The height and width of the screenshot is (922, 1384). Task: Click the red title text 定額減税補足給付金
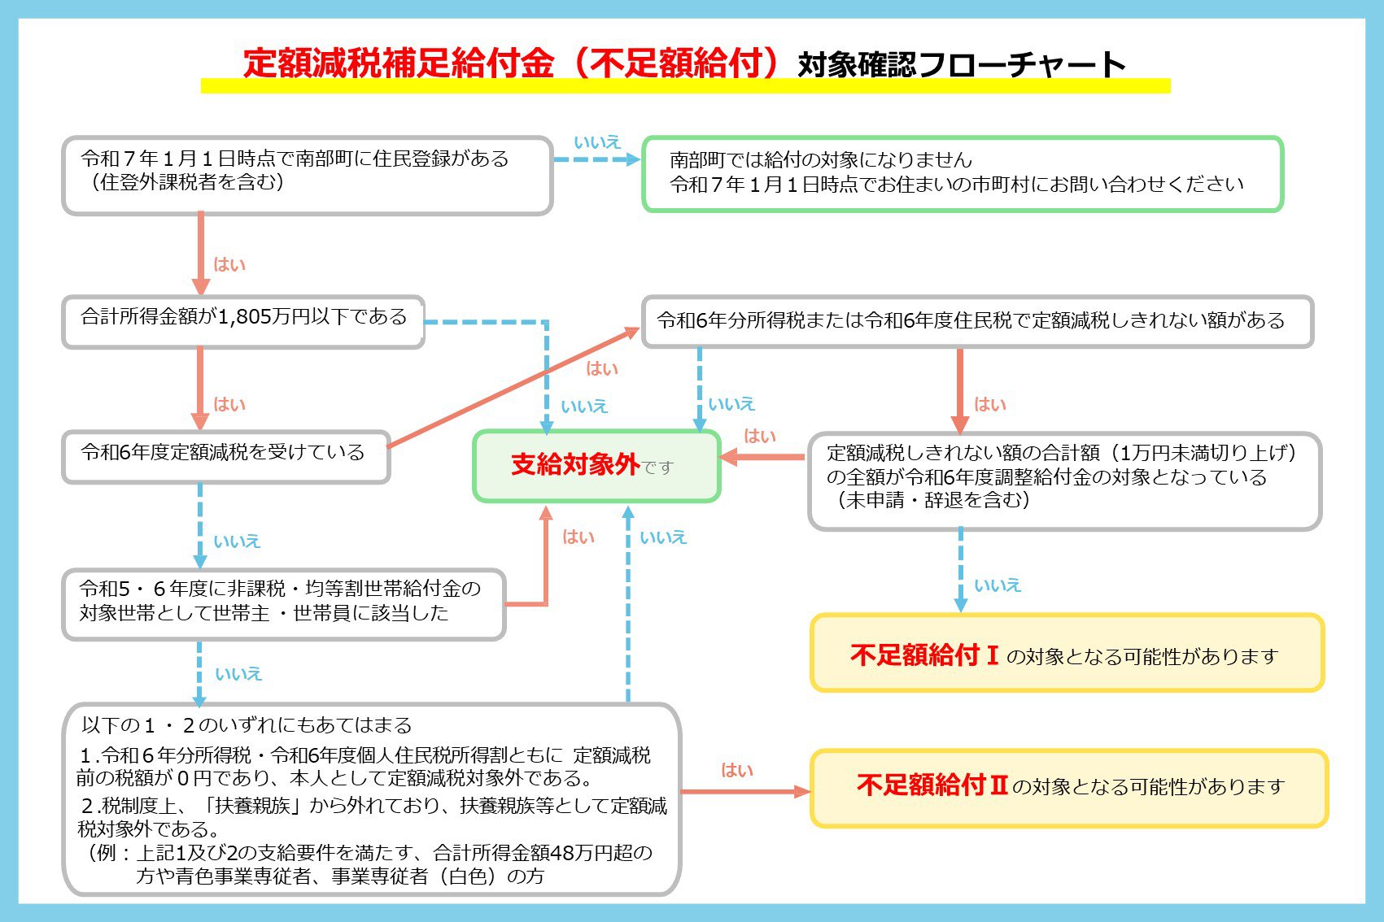tap(399, 63)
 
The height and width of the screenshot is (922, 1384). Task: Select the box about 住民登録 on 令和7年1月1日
tap(307, 176)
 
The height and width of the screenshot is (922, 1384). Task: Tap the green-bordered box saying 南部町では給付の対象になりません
tap(963, 173)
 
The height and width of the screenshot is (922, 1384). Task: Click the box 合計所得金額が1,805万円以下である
tap(243, 322)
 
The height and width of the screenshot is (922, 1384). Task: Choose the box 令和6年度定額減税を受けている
tap(226, 456)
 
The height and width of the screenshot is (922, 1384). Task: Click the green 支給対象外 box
tap(597, 466)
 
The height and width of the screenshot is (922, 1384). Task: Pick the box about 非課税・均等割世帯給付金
tap(284, 605)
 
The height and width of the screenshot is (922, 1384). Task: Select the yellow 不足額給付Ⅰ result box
tap(1067, 653)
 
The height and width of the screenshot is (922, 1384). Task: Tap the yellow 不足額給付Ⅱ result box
tap(1069, 788)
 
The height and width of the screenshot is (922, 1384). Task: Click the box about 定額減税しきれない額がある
tap(977, 321)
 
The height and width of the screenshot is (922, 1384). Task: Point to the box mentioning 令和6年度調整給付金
tap(1064, 481)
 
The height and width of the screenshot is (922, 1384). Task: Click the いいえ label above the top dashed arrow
tap(597, 142)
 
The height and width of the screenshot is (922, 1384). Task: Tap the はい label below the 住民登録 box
tap(229, 264)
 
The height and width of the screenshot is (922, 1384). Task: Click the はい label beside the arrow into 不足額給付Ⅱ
tap(737, 770)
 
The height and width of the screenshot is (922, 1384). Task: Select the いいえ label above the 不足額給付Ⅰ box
tap(998, 585)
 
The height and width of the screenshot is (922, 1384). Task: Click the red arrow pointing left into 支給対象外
tap(762, 457)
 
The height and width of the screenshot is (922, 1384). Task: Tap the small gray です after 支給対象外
tap(657, 468)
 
